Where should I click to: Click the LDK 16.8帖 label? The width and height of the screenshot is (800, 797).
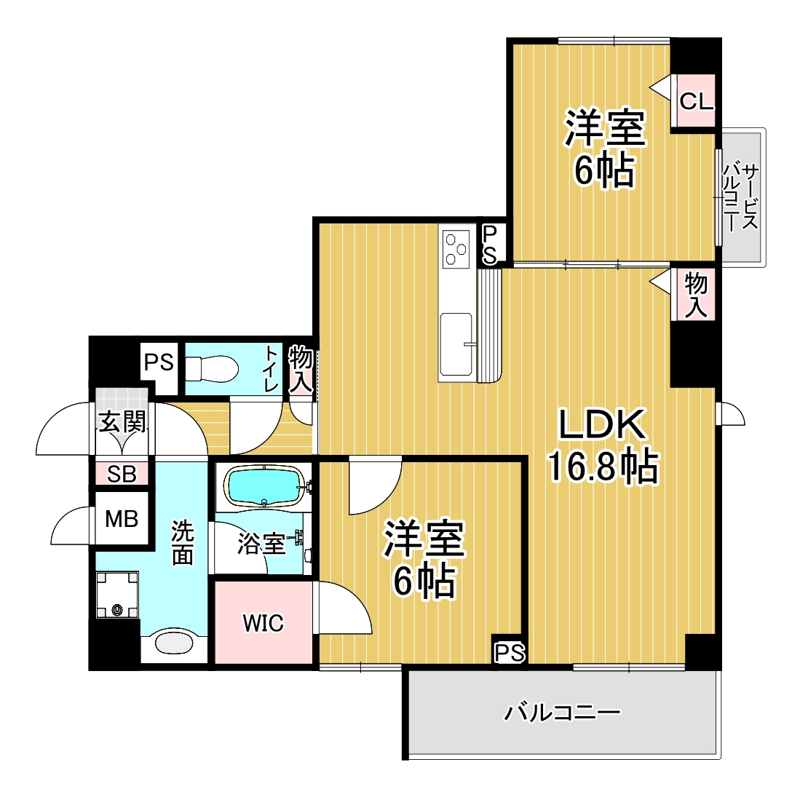click(x=602, y=446)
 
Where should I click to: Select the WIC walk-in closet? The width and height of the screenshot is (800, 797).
click(x=263, y=623)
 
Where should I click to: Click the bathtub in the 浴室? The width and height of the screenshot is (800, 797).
click(x=263, y=485)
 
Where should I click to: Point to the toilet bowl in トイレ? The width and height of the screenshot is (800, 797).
click(x=212, y=368)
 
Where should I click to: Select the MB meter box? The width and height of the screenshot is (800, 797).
click(x=121, y=519)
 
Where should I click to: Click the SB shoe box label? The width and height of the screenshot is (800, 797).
click(x=121, y=475)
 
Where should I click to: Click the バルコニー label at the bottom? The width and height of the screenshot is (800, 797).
click(x=563, y=711)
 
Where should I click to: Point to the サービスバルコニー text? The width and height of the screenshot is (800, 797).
click(x=740, y=197)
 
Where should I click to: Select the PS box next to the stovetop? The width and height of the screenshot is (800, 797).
click(x=490, y=245)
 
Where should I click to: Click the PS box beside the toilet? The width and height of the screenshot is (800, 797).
click(x=159, y=362)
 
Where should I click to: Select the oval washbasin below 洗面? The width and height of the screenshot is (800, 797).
click(x=175, y=644)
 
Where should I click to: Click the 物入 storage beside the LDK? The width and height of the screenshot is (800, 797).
click(x=696, y=294)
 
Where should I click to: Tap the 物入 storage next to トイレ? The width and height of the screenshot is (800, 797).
click(x=301, y=369)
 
